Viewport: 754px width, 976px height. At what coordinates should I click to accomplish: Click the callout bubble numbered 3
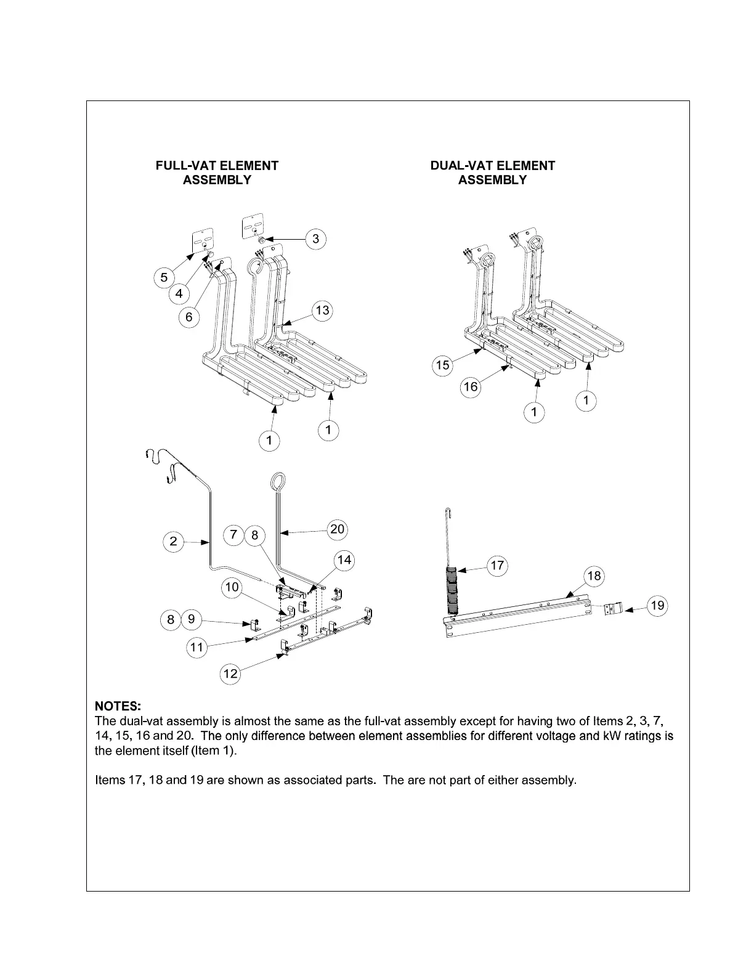pyautogui.click(x=315, y=238)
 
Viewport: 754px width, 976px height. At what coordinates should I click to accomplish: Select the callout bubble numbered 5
pyautogui.click(x=164, y=277)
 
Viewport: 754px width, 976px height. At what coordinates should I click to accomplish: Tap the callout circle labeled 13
pyautogui.click(x=322, y=311)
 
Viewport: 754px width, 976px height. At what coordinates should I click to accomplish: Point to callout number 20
pyautogui.click(x=337, y=529)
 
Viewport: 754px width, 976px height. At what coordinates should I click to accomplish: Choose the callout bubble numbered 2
pyautogui.click(x=174, y=542)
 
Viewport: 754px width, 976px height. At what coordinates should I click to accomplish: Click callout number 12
pyautogui.click(x=230, y=673)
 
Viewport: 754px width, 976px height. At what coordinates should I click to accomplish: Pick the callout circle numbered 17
pyautogui.click(x=497, y=565)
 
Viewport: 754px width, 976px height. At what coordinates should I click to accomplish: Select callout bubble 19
pyautogui.click(x=658, y=606)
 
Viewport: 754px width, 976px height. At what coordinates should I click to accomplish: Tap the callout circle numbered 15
pyautogui.click(x=442, y=365)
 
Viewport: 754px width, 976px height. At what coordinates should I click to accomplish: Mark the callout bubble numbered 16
pyautogui.click(x=471, y=387)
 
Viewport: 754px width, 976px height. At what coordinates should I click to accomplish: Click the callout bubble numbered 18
pyautogui.click(x=594, y=576)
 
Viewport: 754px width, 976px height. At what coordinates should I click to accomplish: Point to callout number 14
pyautogui.click(x=344, y=559)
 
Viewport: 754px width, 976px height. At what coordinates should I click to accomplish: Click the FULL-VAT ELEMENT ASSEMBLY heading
pyautogui.click(x=217, y=173)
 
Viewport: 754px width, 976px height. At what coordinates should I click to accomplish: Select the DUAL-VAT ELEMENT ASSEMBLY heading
pyautogui.click(x=492, y=173)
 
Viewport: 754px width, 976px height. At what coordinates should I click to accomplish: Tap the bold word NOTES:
pyautogui.click(x=118, y=705)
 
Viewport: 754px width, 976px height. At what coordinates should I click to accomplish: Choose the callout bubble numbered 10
pyautogui.click(x=232, y=587)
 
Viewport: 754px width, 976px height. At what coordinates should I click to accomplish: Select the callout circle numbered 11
pyautogui.click(x=197, y=647)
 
